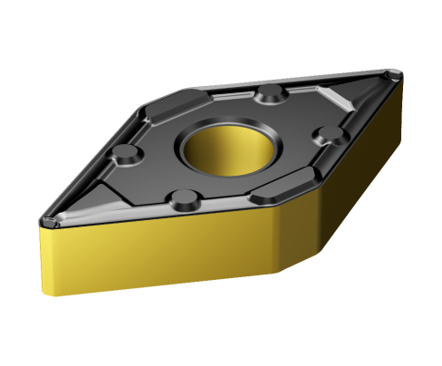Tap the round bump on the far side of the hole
click(269, 93)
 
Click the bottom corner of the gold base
click(274, 273)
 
